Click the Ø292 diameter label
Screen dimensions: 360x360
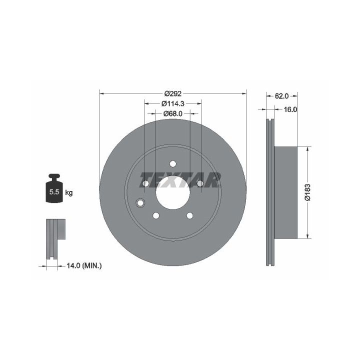point(173,93)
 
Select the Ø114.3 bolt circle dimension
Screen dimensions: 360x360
point(173,103)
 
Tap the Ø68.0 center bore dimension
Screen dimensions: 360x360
point(173,113)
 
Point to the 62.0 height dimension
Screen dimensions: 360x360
point(281,96)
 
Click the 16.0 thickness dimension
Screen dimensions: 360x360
point(290,109)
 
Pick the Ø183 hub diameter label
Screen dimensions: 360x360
point(307,192)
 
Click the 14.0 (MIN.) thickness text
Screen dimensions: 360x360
point(84,266)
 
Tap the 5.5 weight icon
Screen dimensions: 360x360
point(54,188)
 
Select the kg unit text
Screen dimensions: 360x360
point(69,192)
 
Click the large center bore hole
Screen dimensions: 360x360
point(173,192)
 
